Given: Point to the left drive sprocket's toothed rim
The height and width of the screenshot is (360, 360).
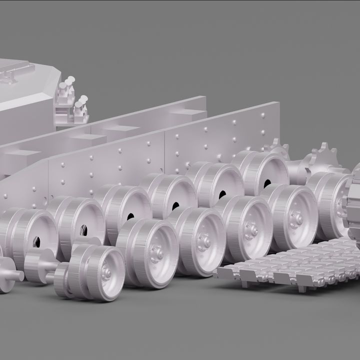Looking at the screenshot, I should point(276,149).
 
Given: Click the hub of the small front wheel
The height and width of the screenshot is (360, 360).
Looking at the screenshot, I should point(106,272).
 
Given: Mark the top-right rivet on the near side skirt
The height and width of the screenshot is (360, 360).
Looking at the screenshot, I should point(263,115).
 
